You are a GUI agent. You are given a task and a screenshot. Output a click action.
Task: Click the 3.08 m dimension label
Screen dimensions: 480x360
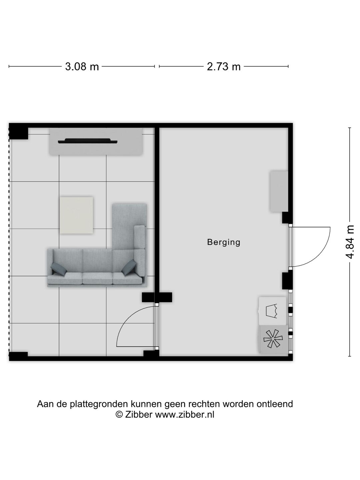tap(82, 67)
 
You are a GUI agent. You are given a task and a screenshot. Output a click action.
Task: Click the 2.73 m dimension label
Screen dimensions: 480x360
tap(224, 67)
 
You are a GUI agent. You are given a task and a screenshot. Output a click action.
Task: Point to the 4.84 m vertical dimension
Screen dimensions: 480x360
tap(350, 242)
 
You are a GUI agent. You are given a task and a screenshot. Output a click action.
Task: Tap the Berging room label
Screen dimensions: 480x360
tap(224, 242)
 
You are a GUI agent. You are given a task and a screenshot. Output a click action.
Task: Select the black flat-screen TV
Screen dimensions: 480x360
tap(88, 141)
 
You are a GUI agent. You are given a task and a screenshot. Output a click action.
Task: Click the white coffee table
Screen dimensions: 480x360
tap(76, 215)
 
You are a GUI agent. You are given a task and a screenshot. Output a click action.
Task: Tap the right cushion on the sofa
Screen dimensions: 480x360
tap(129, 267)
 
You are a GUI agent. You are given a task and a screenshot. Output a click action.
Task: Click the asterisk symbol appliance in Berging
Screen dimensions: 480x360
tap(273, 339)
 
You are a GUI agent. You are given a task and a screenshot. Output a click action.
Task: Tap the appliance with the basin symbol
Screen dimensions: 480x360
tap(272, 311)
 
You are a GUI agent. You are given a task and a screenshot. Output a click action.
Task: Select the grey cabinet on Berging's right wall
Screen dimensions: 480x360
tap(279, 191)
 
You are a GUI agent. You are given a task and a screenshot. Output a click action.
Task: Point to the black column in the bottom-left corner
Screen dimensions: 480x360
tap(18, 356)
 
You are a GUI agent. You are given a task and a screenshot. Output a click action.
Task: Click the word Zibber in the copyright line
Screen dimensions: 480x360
tap(139, 414)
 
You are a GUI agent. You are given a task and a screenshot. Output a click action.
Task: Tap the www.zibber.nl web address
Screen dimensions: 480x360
tap(184, 414)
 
